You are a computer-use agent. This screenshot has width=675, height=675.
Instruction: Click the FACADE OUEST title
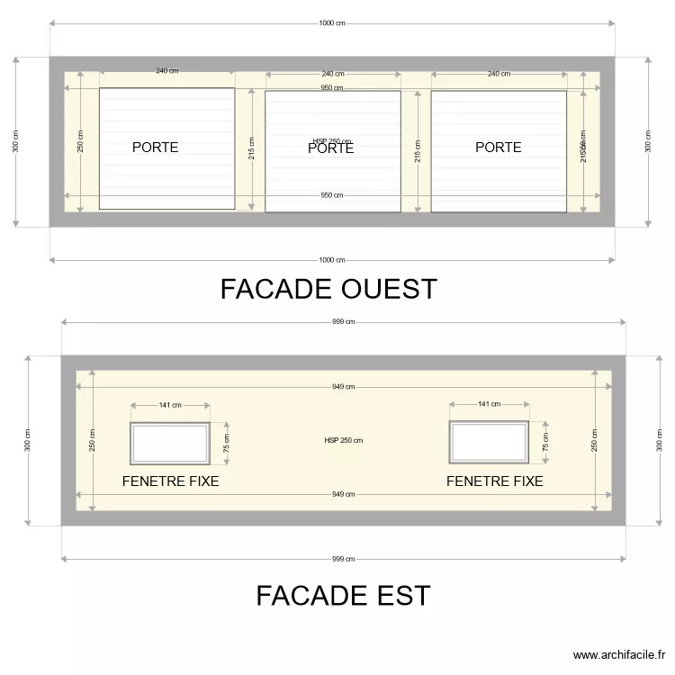coord(328,289)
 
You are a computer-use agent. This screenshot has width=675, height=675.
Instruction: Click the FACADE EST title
coord(343,596)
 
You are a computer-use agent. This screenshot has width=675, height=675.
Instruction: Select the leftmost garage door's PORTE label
coord(155,148)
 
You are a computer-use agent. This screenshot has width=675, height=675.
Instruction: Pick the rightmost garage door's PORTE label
coord(498,148)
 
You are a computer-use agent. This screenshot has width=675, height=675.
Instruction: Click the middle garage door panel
coord(332,180)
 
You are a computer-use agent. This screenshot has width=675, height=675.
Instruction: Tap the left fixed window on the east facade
coord(170,442)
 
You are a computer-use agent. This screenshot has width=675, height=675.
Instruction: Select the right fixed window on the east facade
coord(489,442)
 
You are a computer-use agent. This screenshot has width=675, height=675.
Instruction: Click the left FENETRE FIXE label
coord(170,481)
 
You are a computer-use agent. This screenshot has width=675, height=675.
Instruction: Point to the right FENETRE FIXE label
coord(494,481)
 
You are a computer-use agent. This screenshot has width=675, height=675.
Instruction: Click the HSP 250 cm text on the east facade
coord(343,440)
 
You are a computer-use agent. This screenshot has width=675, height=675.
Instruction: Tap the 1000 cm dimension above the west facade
coord(332,24)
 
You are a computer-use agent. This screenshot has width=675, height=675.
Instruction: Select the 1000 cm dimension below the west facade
coord(332,260)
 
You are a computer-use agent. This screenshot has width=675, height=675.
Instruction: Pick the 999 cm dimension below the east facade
coord(343,559)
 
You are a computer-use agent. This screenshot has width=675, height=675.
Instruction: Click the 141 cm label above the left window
coord(170,405)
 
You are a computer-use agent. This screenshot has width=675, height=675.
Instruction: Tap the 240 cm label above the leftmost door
coord(166,71)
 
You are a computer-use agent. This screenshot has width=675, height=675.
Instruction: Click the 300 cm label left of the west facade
coord(15,141)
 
